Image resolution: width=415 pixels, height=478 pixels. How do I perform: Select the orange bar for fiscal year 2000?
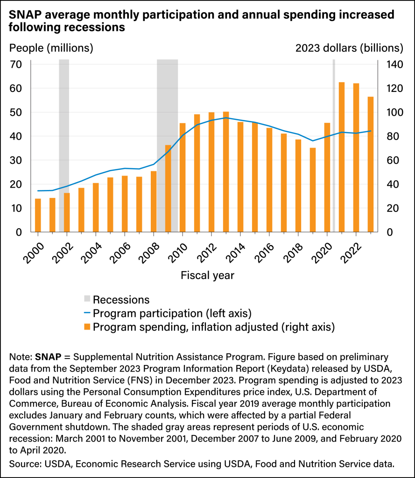coord(38,215)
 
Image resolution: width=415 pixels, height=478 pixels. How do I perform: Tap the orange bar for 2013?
coord(226,172)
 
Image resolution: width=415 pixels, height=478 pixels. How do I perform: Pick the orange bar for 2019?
coord(312,190)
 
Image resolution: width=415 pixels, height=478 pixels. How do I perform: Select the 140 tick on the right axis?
coord(393,64)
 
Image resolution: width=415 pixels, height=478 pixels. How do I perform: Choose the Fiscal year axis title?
coord(207,275)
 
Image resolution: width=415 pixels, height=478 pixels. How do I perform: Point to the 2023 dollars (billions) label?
coord(349,48)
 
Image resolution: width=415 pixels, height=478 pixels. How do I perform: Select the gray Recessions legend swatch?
coord(86,299)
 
